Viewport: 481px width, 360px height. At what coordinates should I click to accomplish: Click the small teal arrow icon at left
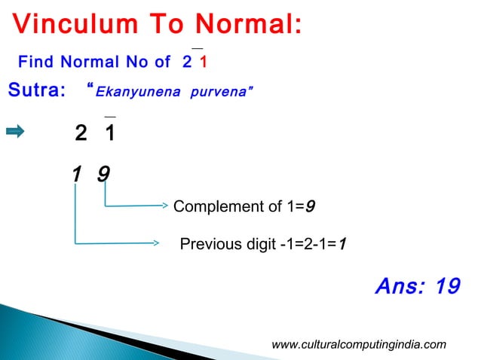point(15,133)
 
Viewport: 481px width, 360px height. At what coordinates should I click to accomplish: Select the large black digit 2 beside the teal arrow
point(81,134)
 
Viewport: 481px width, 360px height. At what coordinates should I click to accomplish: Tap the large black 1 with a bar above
point(110,134)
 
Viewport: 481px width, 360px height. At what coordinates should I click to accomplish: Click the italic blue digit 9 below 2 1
point(104,175)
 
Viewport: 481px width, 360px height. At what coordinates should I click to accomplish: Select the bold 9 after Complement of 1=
point(310,206)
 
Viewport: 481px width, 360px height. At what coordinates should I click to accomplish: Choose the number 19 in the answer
point(448,287)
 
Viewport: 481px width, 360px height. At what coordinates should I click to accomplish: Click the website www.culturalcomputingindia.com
point(358,345)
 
